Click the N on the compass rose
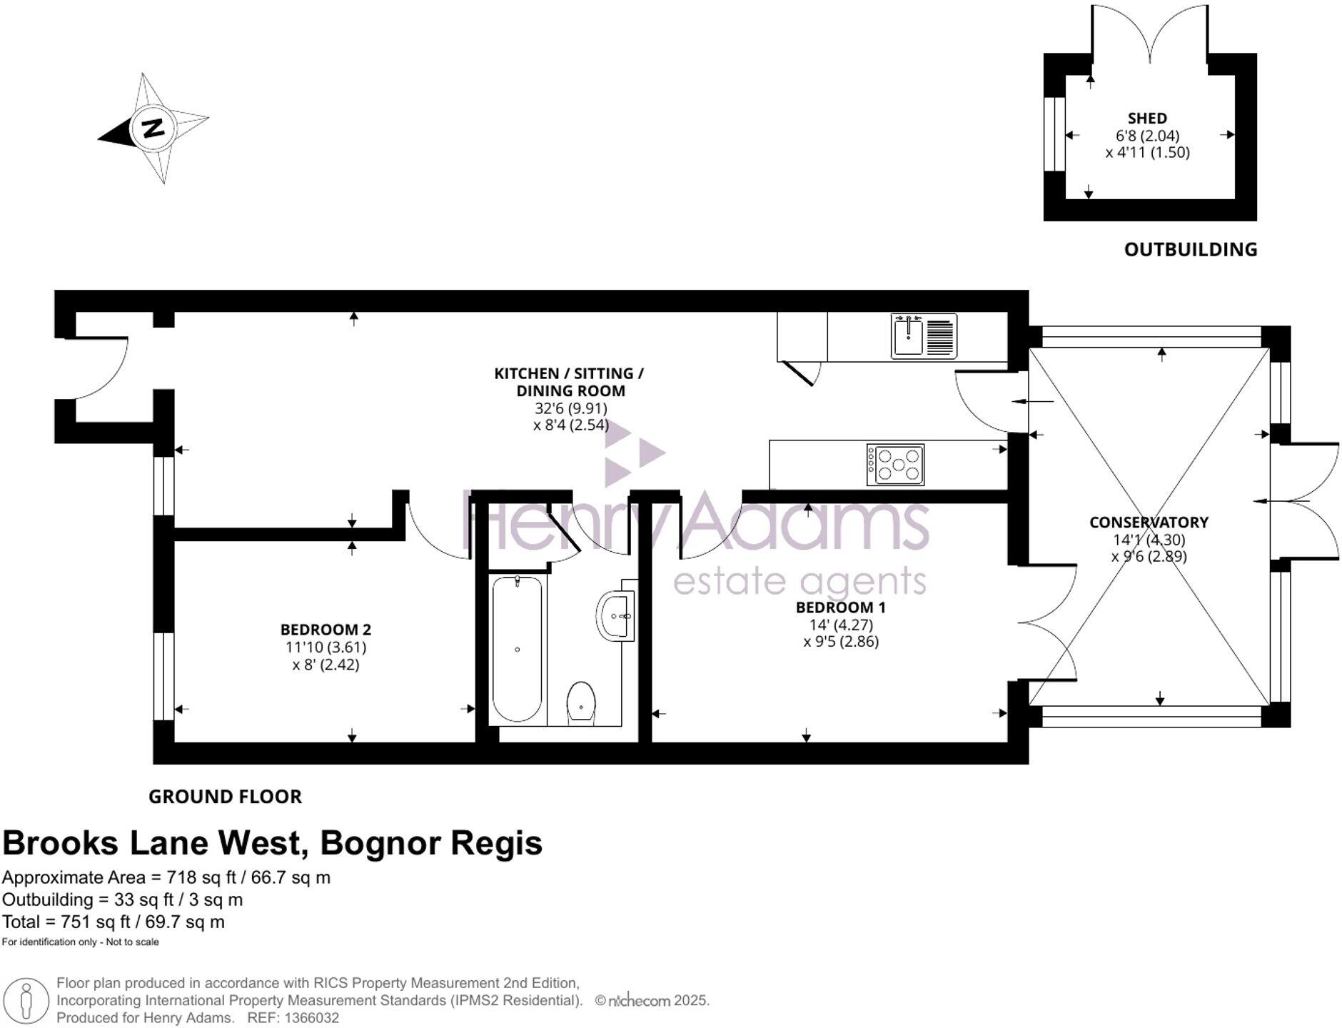coord(153,128)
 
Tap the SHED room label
coord(1147,119)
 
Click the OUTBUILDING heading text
coord(1190,249)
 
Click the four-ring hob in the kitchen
coord(895,465)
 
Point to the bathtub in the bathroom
coord(517,648)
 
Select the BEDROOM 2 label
coord(326,630)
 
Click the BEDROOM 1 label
coord(840,608)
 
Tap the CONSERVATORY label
coord(1148,523)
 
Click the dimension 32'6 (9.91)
coord(570,408)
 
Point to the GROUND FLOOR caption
coord(225,797)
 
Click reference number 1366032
coord(311,1018)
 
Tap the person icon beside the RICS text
coord(26,1000)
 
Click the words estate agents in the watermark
coord(799,582)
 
